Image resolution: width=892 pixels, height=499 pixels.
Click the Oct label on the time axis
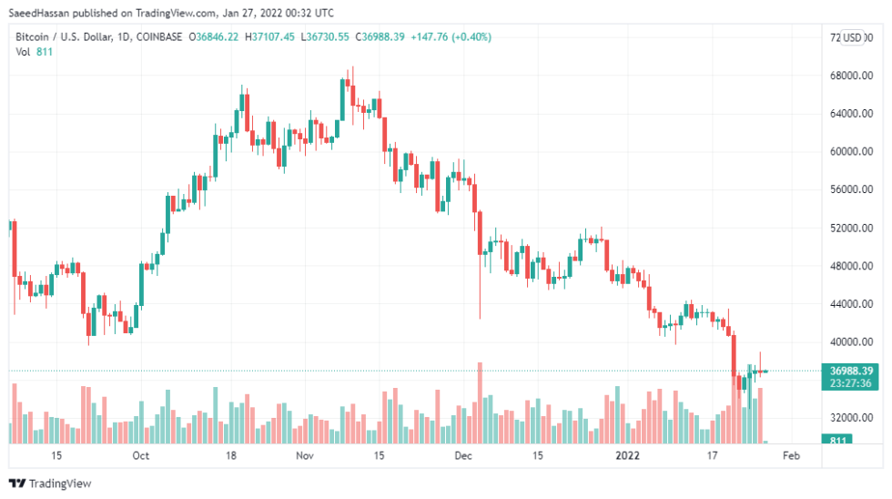tap(141, 455)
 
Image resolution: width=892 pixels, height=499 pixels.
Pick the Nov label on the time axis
tap(304, 455)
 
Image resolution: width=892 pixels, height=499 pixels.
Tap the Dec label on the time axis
tap(462, 455)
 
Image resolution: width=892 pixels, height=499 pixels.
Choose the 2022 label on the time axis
tap(627, 455)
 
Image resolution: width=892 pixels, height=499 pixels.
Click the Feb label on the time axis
tap(791, 455)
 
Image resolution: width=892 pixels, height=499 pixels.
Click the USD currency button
tap(853, 37)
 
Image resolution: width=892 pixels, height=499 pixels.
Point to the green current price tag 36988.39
tap(852, 371)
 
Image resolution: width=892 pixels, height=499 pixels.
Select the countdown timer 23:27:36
tap(852, 383)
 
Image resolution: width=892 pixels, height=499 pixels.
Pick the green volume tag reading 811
tap(835, 440)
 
